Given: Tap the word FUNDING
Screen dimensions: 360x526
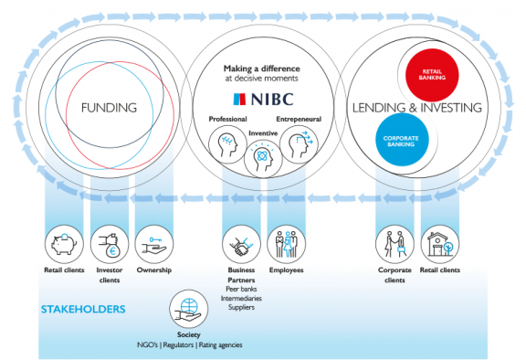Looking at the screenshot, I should [109, 108].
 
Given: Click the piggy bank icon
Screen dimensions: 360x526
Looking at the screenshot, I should [64, 245].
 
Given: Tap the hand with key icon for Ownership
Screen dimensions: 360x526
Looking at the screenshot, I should [153, 245].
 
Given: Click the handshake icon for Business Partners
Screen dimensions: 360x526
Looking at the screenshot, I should [241, 245].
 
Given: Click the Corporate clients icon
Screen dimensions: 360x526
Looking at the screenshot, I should [394, 245].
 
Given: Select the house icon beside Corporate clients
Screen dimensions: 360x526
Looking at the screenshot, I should [439, 245].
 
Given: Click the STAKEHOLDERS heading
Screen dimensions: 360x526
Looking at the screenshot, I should [83, 310].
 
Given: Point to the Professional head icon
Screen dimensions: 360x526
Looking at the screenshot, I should [227, 143].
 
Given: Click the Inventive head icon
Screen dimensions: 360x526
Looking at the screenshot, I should [262, 156].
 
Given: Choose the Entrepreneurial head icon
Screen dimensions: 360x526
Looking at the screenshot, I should [298, 143].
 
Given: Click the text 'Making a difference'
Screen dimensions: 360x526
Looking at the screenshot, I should [262, 68].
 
